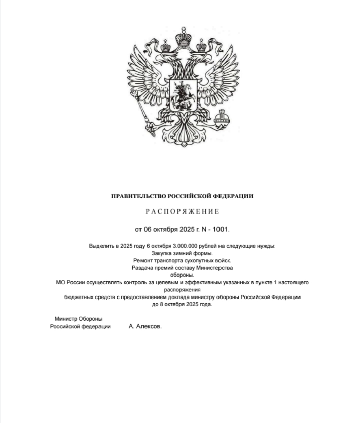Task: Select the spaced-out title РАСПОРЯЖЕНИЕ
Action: tap(182, 211)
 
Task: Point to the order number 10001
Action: tap(221, 229)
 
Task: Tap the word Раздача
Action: tap(141, 268)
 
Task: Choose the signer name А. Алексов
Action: tap(145, 326)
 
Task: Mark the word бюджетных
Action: tap(78, 297)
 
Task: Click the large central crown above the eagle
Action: tap(183, 37)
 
